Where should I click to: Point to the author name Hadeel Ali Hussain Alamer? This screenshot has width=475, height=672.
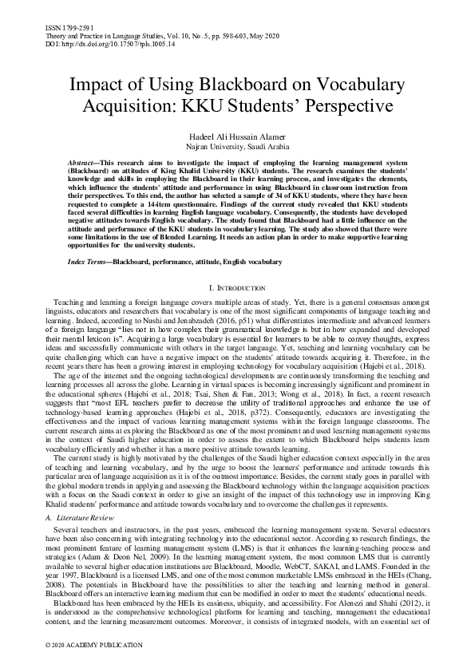pos(237,137)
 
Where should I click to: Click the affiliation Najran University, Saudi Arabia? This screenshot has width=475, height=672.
pos(237,148)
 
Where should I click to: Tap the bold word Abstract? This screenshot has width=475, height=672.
pos(85,161)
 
